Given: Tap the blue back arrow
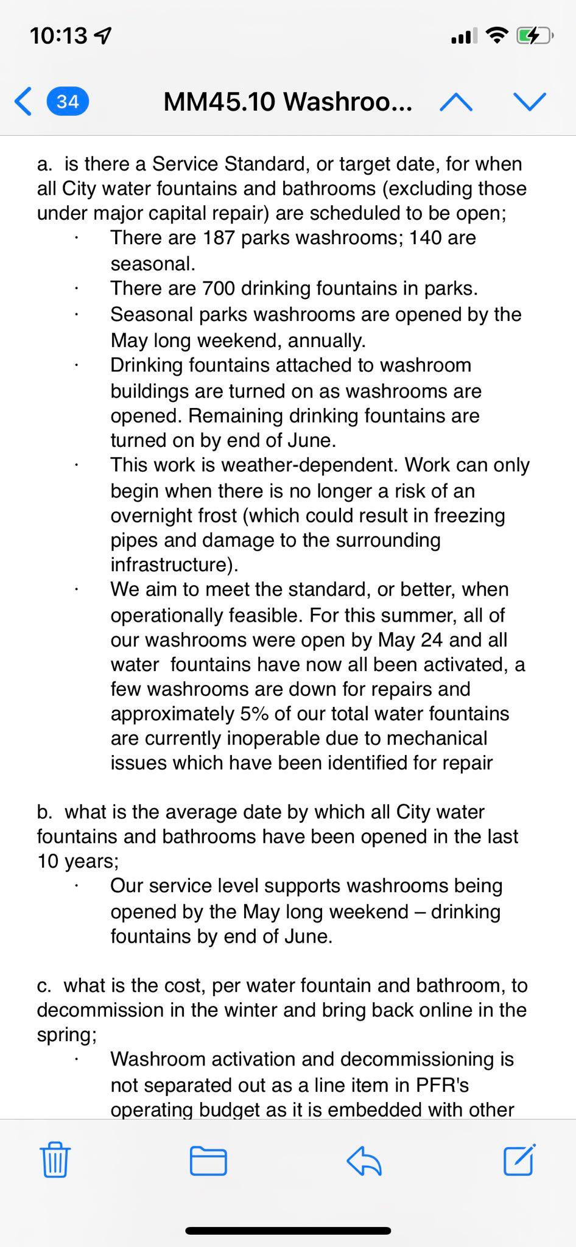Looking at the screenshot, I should click(23, 101).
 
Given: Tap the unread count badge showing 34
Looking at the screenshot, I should click(68, 101).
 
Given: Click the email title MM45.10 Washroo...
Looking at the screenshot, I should click(287, 102).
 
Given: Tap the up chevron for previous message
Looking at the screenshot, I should click(456, 102).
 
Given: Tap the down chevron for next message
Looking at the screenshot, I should click(530, 101).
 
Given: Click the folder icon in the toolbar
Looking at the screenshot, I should click(208, 1160).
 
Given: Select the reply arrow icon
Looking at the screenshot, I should click(364, 1160).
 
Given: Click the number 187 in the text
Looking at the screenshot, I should click(219, 238).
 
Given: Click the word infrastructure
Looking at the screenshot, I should click(171, 564).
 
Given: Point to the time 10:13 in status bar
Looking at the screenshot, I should click(59, 36).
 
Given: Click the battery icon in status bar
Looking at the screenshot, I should click(533, 36).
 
